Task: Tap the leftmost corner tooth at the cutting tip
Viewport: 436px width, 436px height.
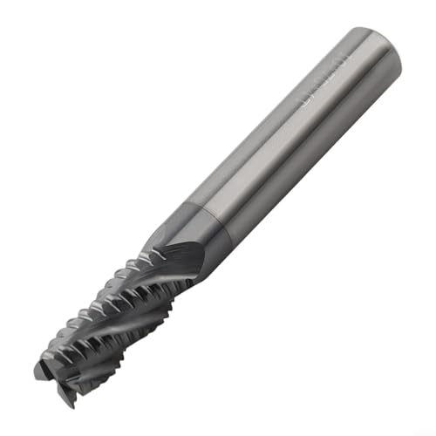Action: pos(40,371)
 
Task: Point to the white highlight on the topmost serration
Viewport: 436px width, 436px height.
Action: pos(157,228)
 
